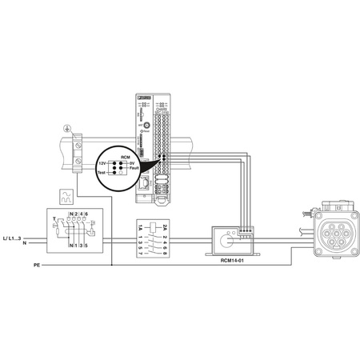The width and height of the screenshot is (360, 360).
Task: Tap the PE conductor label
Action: tap(37, 264)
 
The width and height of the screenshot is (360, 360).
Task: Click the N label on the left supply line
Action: tap(24, 243)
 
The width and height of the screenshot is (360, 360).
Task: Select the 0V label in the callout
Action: tap(133, 162)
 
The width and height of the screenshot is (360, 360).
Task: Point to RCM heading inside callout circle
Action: tap(125, 157)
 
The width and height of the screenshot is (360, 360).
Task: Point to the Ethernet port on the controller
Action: tap(142, 183)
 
